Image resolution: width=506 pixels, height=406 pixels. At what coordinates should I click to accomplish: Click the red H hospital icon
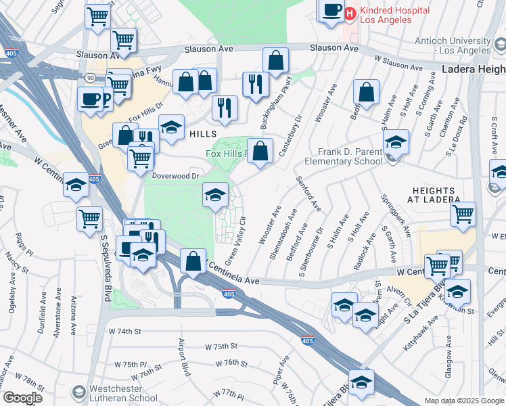pos(350,13)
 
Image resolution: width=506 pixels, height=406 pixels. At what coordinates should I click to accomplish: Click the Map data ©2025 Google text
pos(464,401)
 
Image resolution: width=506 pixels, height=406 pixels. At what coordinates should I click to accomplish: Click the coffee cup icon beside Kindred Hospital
pos(331,11)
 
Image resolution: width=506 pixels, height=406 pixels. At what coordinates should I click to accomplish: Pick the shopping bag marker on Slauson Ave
pos(275,61)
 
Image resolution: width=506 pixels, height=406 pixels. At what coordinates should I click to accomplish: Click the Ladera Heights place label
pos(474,70)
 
